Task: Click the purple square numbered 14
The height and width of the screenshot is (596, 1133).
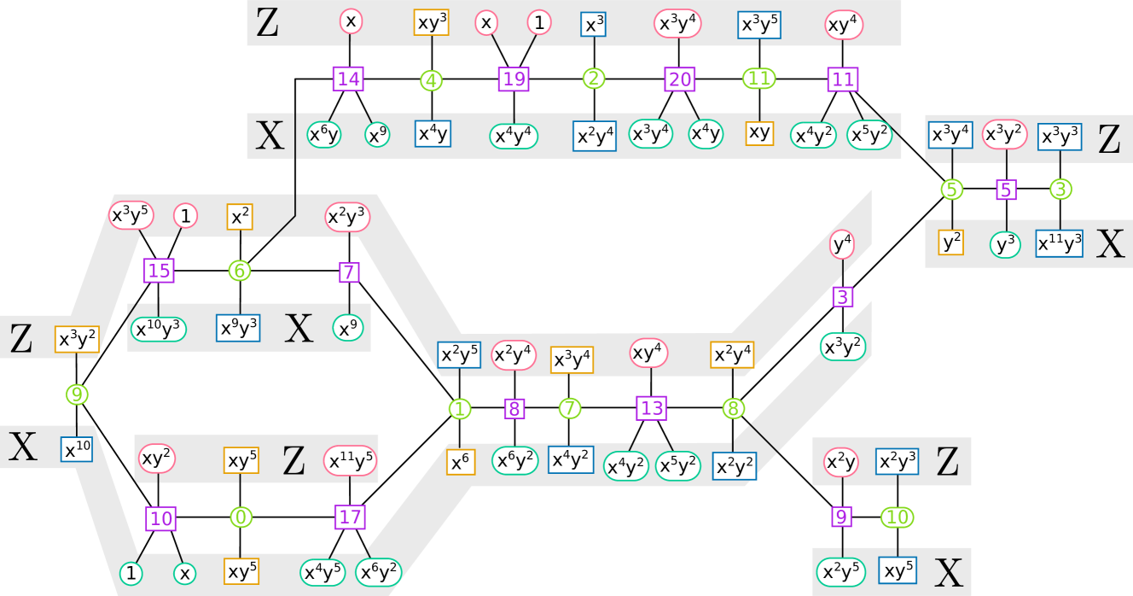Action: [x=348, y=79]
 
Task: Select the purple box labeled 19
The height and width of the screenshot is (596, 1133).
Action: [x=514, y=79]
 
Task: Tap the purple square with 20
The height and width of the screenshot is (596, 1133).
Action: [x=680, y=79]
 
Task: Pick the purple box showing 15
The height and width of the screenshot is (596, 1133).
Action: [x=159, y=271]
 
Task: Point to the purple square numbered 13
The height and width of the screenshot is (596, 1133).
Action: [x=651, y=408]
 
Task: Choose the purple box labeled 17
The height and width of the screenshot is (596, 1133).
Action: [x=350, y=517]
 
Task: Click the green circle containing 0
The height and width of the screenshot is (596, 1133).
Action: [x=241, y=517]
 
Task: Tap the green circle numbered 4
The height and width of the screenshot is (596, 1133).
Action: [x=432, y=80]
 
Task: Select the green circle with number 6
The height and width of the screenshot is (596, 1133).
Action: [x=240, y=271]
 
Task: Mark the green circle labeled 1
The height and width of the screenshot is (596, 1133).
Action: [x=460, y=409]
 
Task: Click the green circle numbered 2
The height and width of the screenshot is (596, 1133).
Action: [x=594, y=79]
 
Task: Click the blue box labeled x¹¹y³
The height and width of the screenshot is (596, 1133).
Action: [x=1060, y=243]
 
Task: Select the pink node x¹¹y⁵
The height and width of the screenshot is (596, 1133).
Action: [x=350, y=462]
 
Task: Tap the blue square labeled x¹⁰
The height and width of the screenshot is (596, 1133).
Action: [x=77, y=449]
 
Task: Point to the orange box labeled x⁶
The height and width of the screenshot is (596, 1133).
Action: [x=460, y=462]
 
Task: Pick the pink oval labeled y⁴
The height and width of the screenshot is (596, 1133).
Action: [x=842, y=245]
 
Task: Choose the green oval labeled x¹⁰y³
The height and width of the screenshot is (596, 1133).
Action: [x=159, y=329]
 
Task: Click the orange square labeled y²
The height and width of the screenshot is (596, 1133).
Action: [x=951, y=242]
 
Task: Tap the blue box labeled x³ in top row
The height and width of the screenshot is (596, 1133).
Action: [x=594, y=25]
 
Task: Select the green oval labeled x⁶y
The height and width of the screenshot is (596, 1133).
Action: [x=324, y=134]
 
